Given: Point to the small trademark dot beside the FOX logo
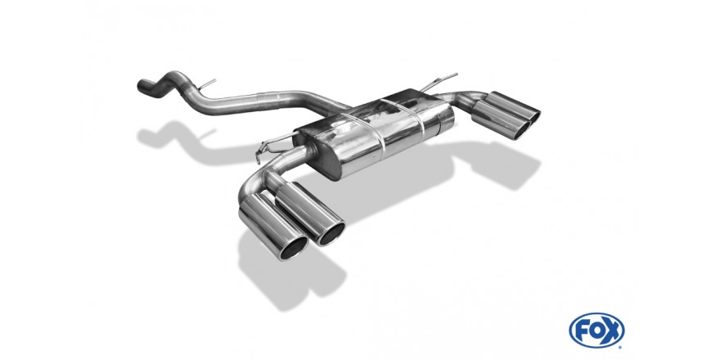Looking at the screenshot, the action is click(620, 346).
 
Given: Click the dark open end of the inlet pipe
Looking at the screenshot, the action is click(142, 85).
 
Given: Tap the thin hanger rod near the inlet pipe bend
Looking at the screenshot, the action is click(207, 84).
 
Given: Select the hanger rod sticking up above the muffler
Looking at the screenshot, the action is click(439, 81).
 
